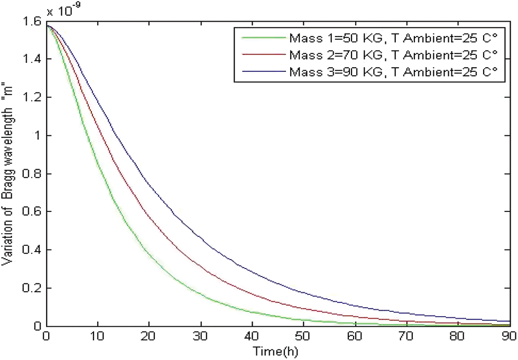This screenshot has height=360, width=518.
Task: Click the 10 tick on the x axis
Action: tap(98, 336)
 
